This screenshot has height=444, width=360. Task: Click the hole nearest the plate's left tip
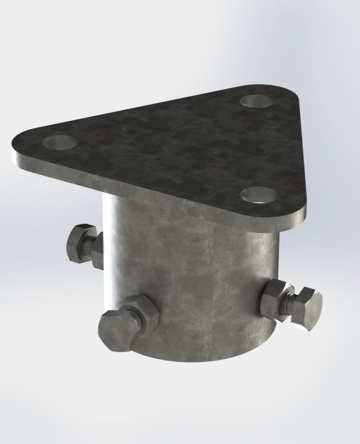pyautogui.click(x=60, y=143)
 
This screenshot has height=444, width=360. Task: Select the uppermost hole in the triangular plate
pyautogui.click(x=256, y=101)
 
